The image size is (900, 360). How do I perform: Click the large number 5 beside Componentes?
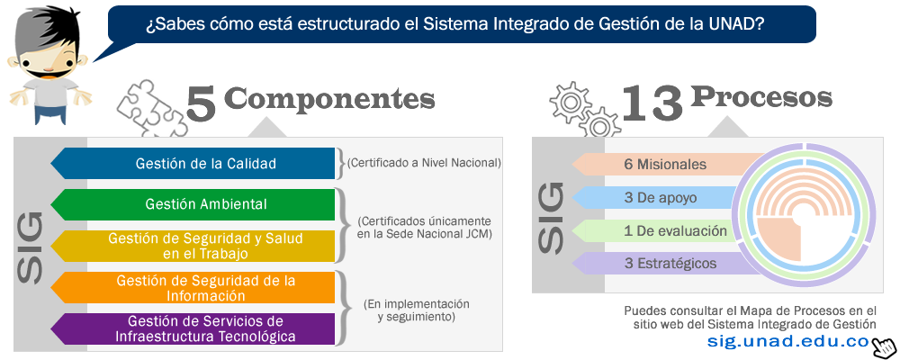pos(202,103)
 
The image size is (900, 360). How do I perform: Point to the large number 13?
pos(652,102)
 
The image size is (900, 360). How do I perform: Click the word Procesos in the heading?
pos(761,97)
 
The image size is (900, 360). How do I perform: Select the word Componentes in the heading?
pos(333,99)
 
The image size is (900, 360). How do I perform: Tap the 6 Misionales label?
pos(665,165)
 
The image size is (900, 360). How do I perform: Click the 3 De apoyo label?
pos(660,198)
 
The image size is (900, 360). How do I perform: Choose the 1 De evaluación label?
pos(676,231)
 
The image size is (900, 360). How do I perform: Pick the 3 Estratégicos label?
pos(670,264)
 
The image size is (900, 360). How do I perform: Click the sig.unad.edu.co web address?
pos(788,341)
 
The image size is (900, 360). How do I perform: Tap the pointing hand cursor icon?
pos(885,346)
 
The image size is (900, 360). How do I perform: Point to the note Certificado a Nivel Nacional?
pos(424,163)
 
